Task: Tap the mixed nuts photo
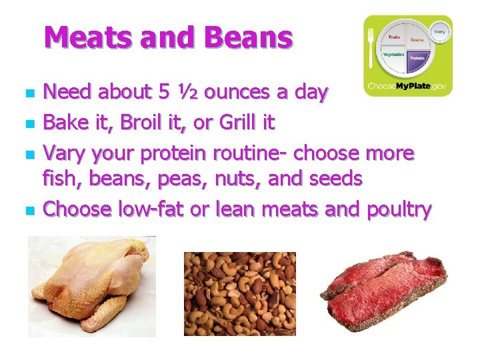click(x=239, y=293)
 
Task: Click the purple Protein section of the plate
click(x=417, y=59)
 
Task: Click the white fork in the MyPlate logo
click(x=372, y=49)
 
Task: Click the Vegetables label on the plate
click(x=393, y=55)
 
